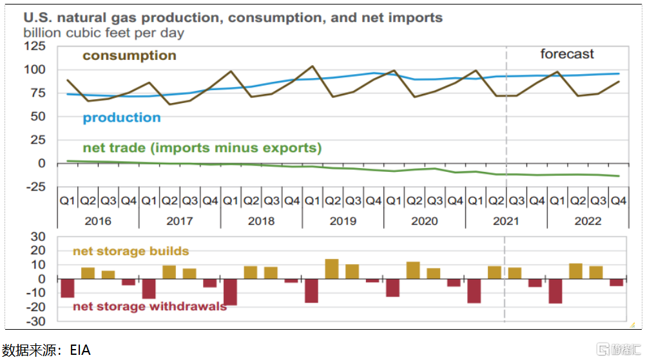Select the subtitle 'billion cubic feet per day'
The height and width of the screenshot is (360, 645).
click(x=104, y=32)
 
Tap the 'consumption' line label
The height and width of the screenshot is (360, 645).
click(x=129, y=55)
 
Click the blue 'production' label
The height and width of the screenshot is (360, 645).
click(x=122, y=117)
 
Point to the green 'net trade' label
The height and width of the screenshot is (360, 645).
click(x=202, y=148)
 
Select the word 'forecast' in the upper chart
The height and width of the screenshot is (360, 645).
click(x=567, y=54)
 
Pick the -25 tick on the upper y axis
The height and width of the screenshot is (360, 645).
click(x=35, y=187)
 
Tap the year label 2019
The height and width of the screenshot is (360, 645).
click(x=343, y=221)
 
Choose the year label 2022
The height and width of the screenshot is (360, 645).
click(x=588, y=221)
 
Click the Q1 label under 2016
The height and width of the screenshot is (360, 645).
click(x=67, y=200)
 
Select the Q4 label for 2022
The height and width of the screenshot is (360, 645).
click(x=619, y=200)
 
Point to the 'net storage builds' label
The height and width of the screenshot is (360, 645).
click(x=131, y=251)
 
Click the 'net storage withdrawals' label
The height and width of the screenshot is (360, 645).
click(x=149, y=306)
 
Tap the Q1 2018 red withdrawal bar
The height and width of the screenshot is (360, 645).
click(x=230, y=292)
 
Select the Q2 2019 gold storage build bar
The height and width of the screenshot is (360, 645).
click(x=332, y=269)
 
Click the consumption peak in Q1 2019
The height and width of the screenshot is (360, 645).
click(x=313, y=66)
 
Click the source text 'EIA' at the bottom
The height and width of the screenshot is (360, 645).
click(x=81, y=350)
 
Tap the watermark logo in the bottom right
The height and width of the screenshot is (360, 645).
click(x=617, y=349)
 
